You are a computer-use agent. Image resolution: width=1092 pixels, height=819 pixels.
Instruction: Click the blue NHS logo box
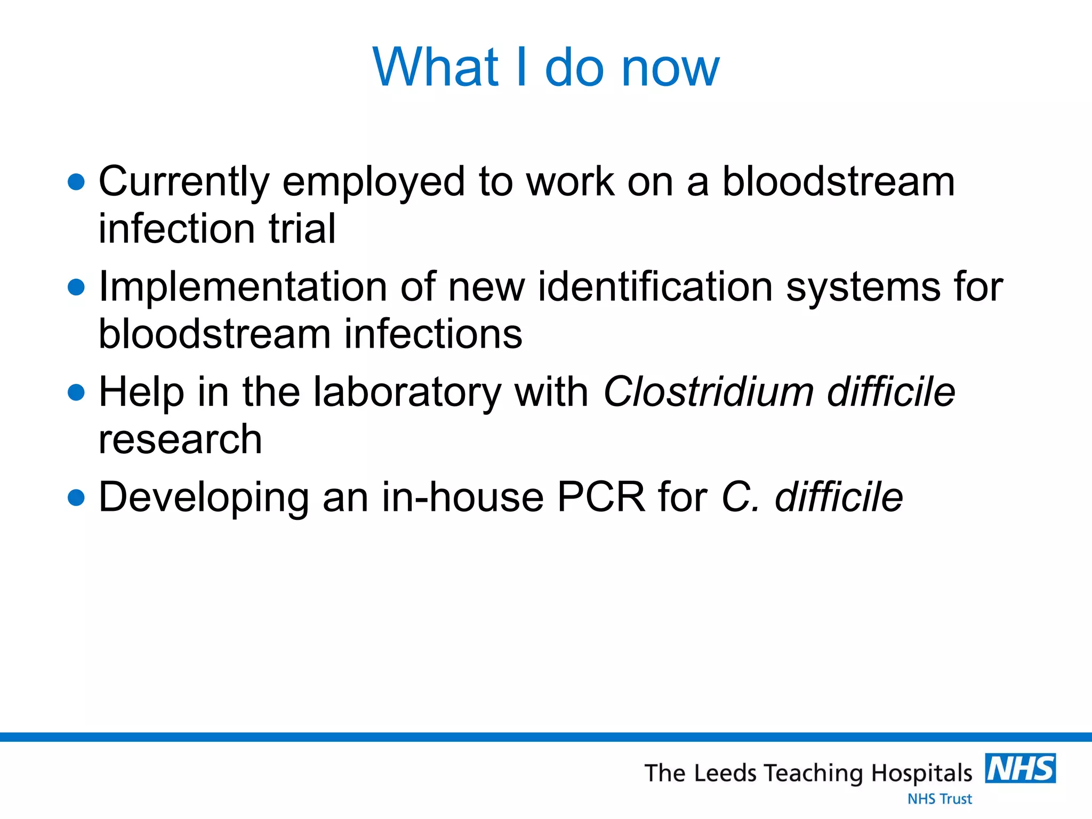coord(1020,768)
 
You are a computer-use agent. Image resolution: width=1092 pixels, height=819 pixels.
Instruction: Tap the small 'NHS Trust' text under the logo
coord(940,799)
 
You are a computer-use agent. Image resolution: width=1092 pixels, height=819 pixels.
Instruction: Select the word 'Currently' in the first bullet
coord(184,182)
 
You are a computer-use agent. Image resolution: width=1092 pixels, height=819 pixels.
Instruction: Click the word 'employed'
coord(373,182)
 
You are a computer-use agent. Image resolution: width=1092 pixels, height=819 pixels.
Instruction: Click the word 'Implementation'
coord(243,287)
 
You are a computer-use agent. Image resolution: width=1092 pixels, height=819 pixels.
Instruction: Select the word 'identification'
coord(655,287)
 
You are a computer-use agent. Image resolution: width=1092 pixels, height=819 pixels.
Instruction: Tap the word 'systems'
coord(863,287)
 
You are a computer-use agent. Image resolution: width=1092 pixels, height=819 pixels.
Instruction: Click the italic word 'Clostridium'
coord(708,392)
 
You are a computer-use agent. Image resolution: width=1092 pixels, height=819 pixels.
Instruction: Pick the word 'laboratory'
coord(407,392)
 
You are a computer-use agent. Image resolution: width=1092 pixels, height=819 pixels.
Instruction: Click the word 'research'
coord(180,439)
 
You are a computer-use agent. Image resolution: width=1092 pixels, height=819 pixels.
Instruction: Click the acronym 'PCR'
coord(601,497)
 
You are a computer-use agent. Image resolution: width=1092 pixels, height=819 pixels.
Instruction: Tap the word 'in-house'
coord(462,497)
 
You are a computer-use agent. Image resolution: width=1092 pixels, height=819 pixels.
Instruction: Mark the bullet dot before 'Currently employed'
coord(77,182)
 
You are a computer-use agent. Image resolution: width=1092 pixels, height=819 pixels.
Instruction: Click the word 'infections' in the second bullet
coord(433,334)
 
